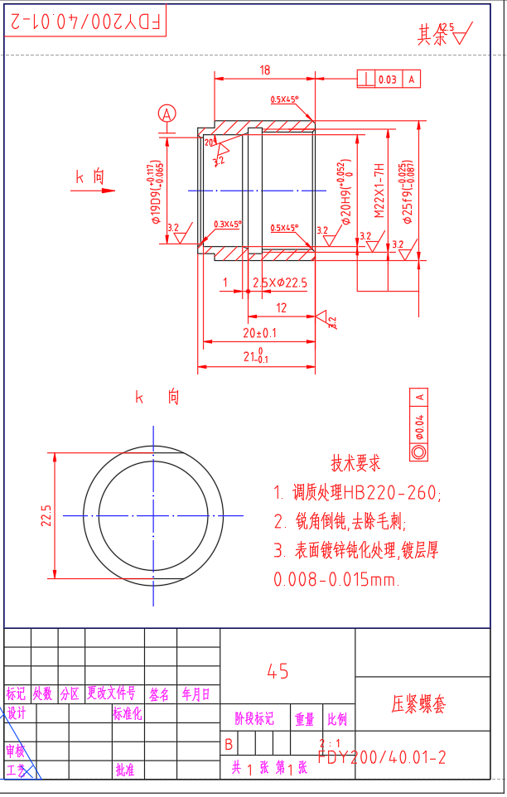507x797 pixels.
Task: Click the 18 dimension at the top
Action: (264, 70)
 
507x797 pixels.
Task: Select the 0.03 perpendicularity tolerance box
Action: (387, 80)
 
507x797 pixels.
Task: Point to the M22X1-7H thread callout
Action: (379, 191)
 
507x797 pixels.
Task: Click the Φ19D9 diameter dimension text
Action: (156, 192)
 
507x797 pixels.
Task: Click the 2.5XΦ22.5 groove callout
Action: (279, 283)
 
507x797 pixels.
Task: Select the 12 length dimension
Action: (281, 307)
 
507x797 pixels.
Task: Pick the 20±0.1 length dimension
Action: (259, 332)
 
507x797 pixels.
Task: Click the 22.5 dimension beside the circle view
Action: (46, 515)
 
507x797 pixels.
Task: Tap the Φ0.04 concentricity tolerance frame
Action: (418, 424)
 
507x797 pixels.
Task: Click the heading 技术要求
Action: (356, 462)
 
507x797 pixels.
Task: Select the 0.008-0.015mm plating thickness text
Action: (336, 580)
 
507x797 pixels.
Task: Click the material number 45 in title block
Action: (278, 671)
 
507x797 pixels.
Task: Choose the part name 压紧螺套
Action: (418, 705)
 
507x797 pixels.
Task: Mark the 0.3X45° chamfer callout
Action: (227, 225)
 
